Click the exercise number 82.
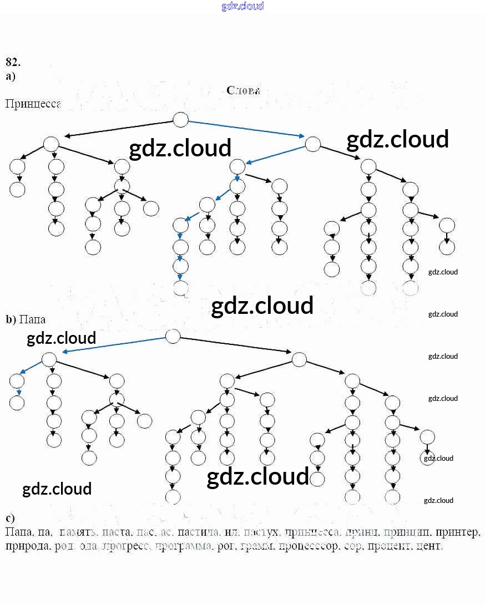(13, 62)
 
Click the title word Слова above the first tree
(243, 90)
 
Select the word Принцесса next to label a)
(33, 104)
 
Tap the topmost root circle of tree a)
(181, 119)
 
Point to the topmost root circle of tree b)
(173, 336)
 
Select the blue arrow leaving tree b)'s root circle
(114, 344)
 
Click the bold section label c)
(11, 518)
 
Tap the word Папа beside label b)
(32, 319)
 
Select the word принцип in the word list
(406, 533)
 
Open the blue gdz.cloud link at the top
(243, 7)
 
